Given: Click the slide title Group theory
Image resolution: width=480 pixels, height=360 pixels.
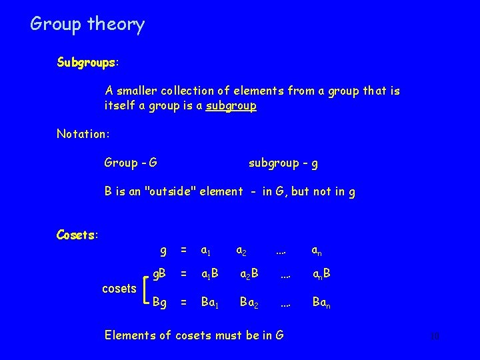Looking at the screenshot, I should click(87, 25).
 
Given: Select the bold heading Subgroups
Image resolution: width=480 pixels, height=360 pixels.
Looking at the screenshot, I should click(85, 63).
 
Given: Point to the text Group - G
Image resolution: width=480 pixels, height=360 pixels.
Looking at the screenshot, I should click(131, 162).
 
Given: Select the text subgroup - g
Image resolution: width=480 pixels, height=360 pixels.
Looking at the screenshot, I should click(287, 162).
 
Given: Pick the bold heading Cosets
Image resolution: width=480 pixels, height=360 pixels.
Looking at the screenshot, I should click(77, 234).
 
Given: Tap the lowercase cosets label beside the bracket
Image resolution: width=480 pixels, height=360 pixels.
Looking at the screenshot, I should click(119, 288).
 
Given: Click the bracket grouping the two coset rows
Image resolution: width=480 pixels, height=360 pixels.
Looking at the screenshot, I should click(147, 288).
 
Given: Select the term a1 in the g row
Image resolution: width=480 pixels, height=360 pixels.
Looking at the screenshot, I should click(205, 251).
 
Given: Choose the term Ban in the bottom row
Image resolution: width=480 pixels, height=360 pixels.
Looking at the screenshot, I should click(323, 302).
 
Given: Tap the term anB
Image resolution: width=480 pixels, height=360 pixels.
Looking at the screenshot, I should click(323, 275).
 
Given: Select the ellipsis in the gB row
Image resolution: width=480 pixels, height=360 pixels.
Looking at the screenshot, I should click(285, 275).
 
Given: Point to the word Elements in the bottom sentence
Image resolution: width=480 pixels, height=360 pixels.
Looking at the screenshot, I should click(131, 335).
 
